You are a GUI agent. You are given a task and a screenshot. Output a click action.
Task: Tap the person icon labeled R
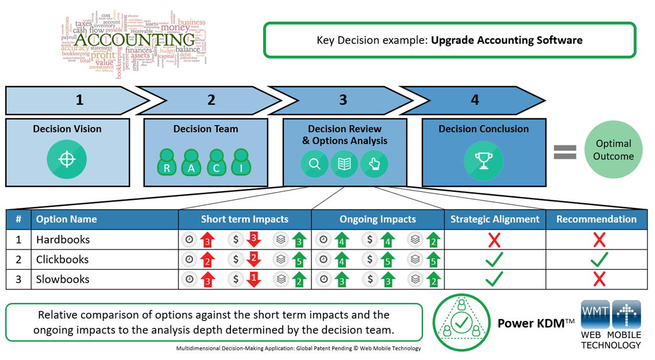coord(167,162)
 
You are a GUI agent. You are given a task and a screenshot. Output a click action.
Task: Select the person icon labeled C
coord(216,162)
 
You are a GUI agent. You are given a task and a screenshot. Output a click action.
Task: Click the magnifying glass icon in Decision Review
coord(314,164)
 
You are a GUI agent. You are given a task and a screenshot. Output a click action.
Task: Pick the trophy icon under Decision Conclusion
coord(483,160)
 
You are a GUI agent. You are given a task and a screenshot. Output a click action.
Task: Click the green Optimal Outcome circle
coord(613,150)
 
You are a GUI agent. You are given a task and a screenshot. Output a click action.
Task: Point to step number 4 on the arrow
coord(475,100)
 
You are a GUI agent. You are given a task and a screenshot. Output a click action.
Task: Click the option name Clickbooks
coord(62,260)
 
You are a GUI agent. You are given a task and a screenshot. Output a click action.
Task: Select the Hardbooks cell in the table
coord(63,239)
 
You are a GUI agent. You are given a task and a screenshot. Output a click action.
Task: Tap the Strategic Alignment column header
coord(494,219)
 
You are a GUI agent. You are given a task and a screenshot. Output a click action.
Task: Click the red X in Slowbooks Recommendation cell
coord(599,280)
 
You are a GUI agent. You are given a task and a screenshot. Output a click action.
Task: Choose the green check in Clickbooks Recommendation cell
coord(599,260)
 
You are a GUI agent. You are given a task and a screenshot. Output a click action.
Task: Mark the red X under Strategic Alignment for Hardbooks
coord(494,240)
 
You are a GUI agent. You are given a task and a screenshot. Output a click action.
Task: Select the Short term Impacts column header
coord(245,219)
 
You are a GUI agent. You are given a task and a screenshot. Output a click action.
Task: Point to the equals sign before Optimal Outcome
coord(564,151)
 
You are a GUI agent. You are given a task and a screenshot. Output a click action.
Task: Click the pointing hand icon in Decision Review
coord(374,164)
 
